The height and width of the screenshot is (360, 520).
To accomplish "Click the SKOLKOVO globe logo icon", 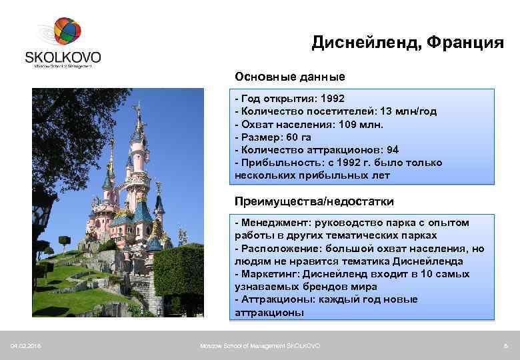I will (x=67, y=32).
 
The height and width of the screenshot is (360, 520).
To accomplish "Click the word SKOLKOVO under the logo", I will (x=63, y=56).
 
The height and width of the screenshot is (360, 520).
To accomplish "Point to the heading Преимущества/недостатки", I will (x=314, y=201).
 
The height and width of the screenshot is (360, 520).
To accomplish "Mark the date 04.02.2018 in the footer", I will (x=25, y=346).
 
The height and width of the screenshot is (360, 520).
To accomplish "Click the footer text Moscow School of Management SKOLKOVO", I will (x=260, y=346).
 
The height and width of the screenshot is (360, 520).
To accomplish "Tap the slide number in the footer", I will (x=506, y=346).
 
